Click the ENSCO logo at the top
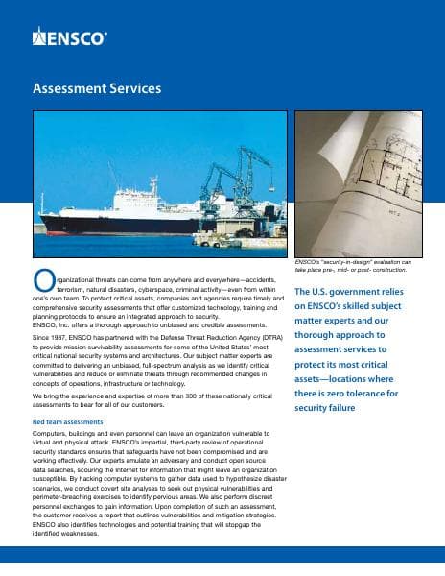tap(70, 38)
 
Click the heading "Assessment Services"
tap(97, 89)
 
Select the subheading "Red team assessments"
tap(70, 421)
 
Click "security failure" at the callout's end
tap(333, 408)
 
